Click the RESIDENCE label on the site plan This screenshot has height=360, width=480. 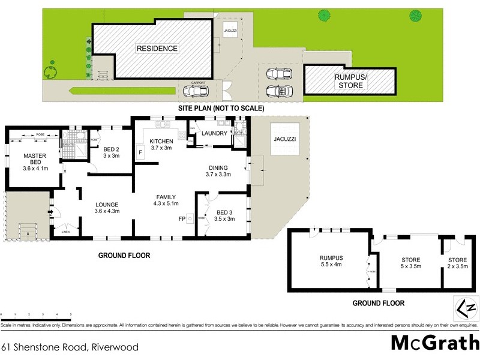(157, 49)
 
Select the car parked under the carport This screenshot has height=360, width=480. (196, 91)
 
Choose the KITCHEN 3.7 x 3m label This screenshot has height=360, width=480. (161, 145)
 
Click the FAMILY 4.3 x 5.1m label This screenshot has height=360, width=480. (166, 200)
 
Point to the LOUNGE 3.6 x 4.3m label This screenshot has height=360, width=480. (107, 208)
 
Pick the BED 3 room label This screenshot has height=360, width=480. (224, 215)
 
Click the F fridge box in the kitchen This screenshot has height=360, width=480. (140, 152)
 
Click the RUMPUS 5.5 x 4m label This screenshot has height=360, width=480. (332, 262)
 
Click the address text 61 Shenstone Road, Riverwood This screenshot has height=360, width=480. (70, 347)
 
